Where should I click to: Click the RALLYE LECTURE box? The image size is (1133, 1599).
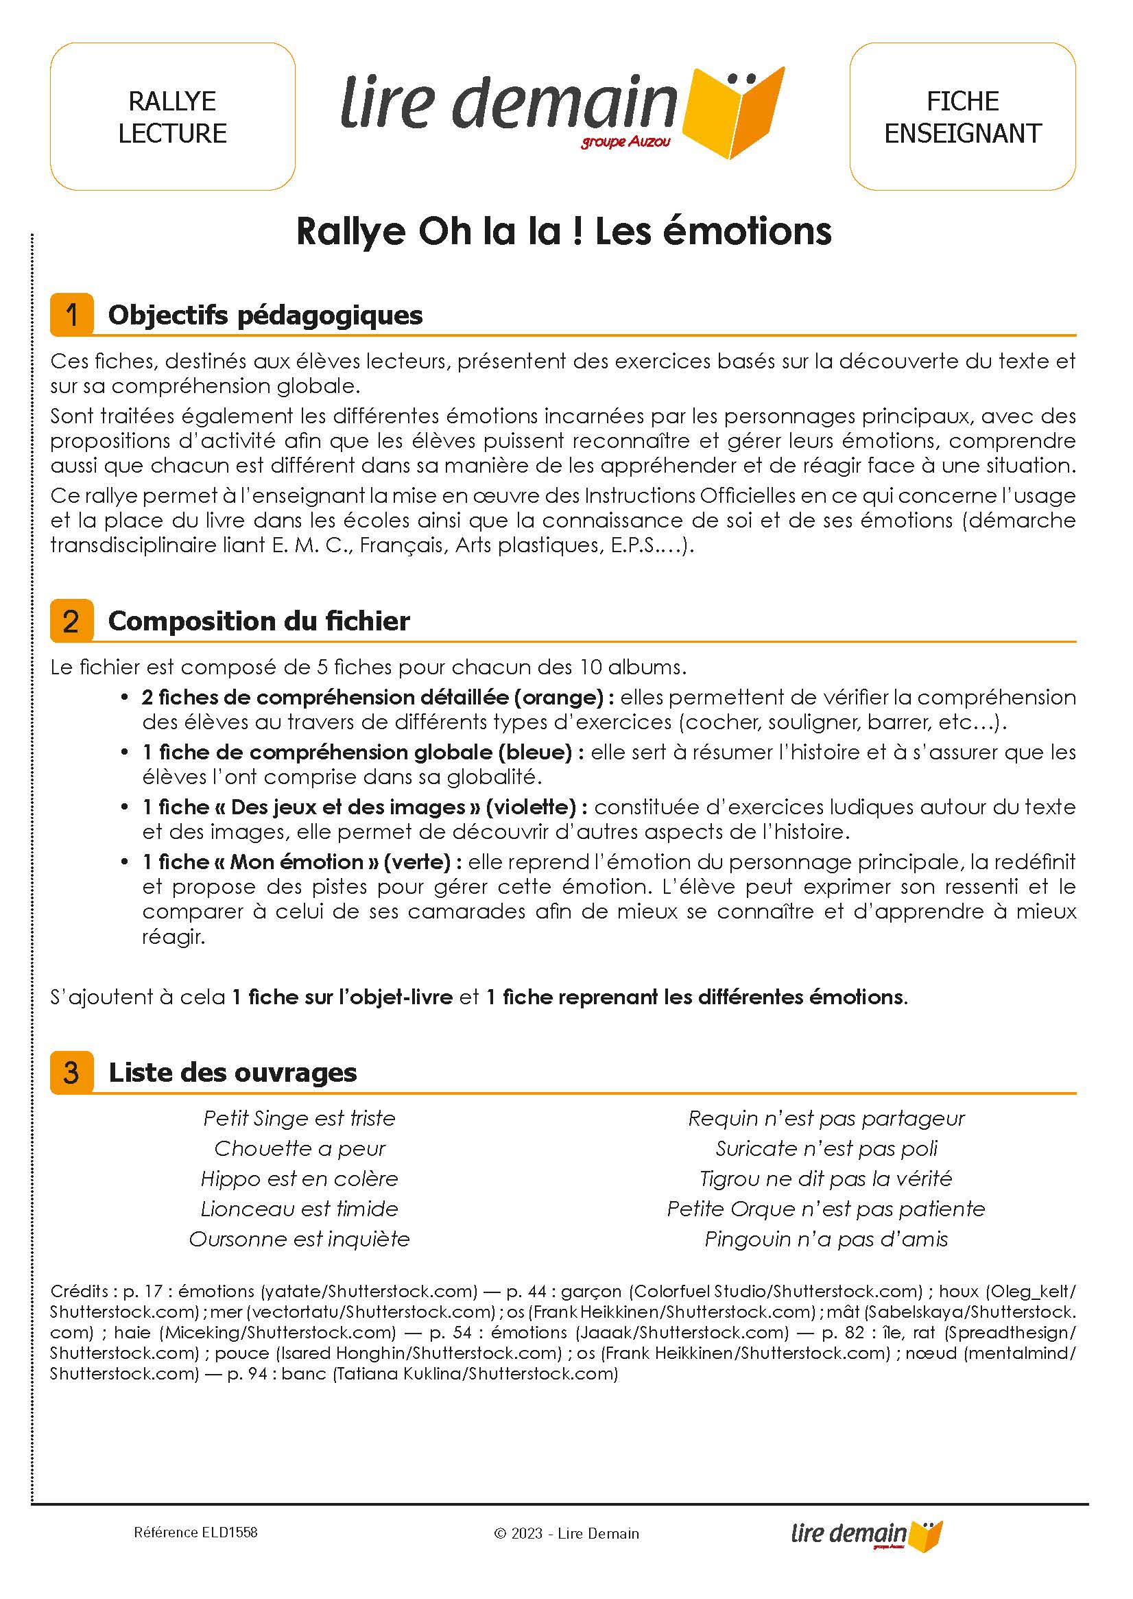172,117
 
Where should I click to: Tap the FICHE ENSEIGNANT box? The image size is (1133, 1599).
962,117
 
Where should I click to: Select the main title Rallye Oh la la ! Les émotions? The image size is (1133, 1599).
564,232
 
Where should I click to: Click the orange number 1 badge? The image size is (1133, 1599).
71,315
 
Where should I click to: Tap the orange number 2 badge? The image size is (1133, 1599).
71,621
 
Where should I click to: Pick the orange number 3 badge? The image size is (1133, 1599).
71,1072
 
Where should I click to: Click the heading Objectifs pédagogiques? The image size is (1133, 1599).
265,316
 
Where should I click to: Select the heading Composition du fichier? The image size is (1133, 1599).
259,621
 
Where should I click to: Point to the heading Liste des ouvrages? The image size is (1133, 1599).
232,1072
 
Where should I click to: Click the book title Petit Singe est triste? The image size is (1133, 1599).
299,1118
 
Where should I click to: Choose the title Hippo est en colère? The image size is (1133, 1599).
299,1178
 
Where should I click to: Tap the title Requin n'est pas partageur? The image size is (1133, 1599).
826,1118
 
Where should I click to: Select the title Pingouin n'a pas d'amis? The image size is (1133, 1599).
826,1239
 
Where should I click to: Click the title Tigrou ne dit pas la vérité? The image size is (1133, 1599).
826,1178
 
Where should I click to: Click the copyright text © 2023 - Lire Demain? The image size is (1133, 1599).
566,1533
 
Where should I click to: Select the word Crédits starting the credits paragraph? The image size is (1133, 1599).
78,1291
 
